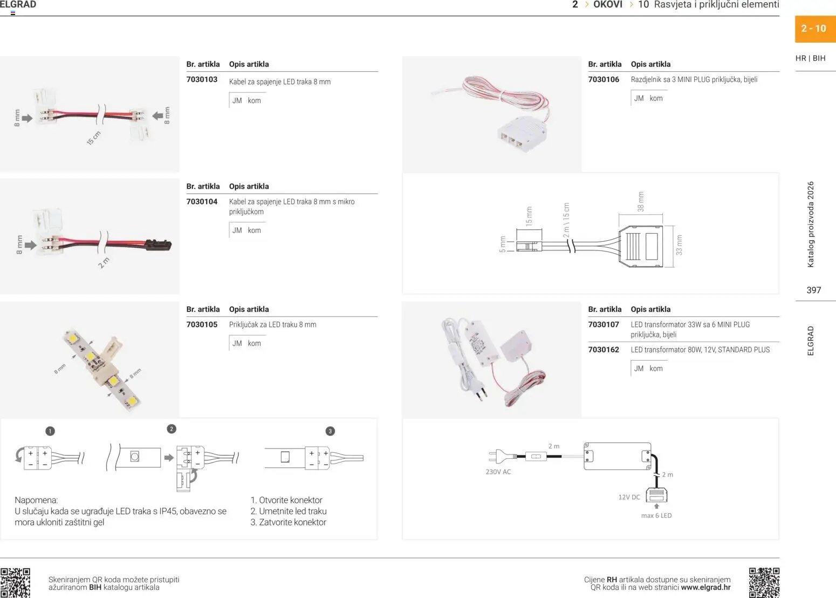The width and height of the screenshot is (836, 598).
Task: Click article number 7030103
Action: coord(202,79)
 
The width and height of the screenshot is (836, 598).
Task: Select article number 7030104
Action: coord(202,202)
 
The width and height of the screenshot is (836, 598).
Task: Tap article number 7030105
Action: coord(202,324)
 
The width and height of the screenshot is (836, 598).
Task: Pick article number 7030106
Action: coord(604,79)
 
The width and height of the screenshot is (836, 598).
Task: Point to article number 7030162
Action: coord(604,350)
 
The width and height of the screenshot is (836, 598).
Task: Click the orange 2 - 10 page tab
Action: coord(815,29)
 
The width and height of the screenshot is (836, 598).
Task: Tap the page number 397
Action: coord(813,290)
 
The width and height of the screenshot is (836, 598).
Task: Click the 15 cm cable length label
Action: coord(94,138)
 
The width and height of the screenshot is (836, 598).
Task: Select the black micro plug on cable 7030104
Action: coord(159,245)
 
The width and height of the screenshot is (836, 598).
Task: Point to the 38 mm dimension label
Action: coord(641,202)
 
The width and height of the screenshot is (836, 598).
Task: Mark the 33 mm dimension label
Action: coord(679,245)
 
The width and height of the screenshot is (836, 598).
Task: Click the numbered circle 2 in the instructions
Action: coord(172,429)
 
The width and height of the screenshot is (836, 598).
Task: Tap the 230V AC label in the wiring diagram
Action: coord(498,472)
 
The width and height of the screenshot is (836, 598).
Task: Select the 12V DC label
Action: coord(629,497)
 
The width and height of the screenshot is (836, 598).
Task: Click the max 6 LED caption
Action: coord(656,515)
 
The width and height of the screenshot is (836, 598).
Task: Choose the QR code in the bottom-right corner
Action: coord(764,583)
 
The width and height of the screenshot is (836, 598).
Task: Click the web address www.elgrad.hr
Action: coord(706,588)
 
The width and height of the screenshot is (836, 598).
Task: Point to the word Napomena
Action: coord(36,500)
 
